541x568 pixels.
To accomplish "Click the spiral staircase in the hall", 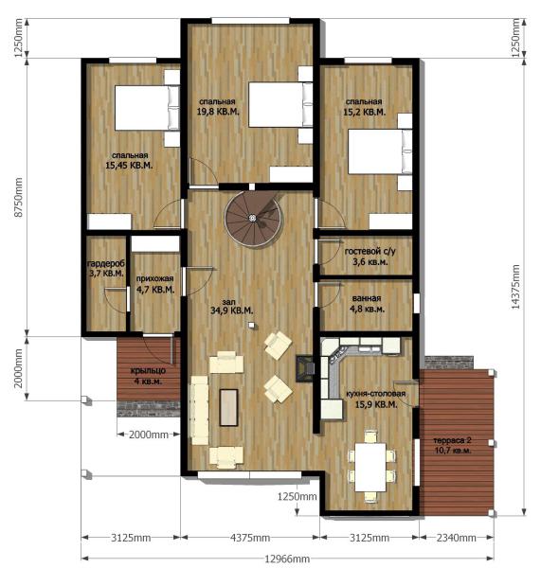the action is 253,218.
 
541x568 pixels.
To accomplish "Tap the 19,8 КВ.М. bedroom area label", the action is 218,107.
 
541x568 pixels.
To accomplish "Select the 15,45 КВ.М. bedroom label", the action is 129,161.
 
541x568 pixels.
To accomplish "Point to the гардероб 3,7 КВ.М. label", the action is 106,268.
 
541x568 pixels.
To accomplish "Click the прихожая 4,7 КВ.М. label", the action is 154,284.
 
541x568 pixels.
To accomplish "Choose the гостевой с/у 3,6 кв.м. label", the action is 370,257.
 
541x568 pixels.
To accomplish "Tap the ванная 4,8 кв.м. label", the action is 367,304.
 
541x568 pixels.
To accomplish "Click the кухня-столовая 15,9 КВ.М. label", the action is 375,399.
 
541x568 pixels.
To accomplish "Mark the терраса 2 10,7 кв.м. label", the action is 452,446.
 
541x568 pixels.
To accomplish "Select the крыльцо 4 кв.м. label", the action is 148,376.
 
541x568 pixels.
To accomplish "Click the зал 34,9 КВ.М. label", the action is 231,307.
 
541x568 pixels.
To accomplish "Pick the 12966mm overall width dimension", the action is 287,559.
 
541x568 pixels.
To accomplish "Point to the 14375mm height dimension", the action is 515,287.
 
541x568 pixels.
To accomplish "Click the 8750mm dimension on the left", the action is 18,197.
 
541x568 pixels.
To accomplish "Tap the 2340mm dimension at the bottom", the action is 456,538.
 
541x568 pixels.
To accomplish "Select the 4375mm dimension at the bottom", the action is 250,538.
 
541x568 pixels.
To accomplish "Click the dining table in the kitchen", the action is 370,467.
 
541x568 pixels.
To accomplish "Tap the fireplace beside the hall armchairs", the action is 305,368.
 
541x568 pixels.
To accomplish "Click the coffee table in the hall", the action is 228,407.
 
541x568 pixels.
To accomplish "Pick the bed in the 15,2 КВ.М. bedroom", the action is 380,151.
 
